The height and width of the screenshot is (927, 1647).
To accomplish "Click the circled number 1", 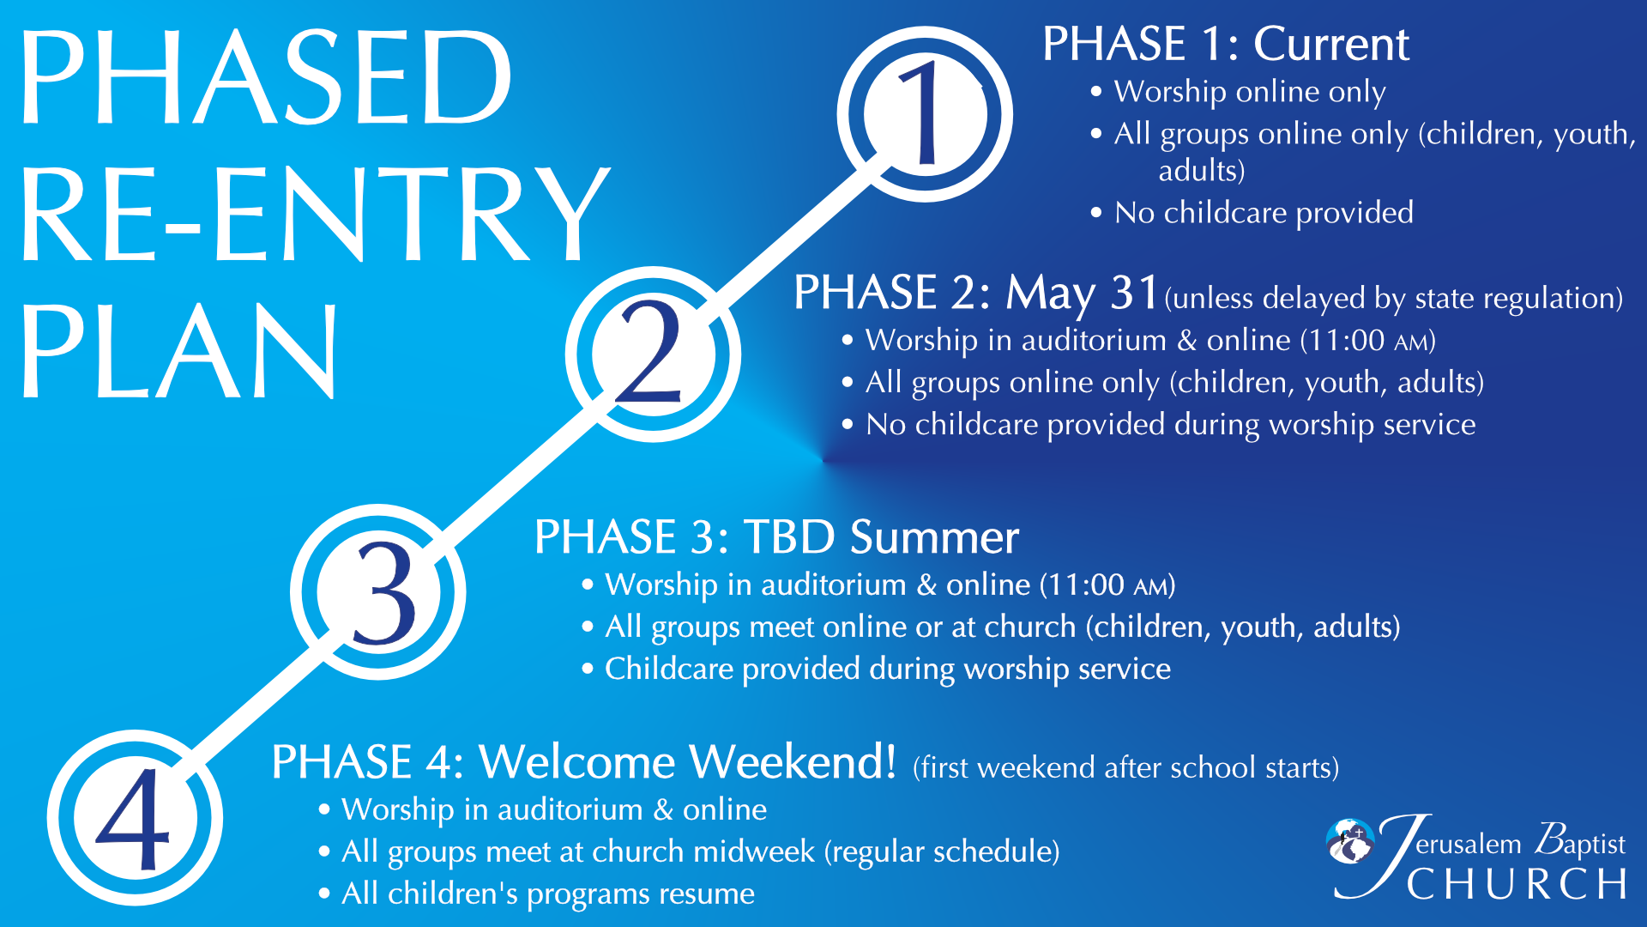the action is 925,114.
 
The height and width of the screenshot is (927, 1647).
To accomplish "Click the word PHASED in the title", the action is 266,76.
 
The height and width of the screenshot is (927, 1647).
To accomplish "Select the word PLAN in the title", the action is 178,351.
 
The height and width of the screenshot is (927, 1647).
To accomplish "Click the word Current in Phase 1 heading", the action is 1331,44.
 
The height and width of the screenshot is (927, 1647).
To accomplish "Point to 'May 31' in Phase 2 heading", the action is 1083,294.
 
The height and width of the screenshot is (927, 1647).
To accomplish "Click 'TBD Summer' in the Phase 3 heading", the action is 881,537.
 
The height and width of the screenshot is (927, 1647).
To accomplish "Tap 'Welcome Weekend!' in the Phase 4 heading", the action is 688,761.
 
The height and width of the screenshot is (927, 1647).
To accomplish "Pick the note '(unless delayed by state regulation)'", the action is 1394,298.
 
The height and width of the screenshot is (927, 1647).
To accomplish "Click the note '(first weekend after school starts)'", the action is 1125,767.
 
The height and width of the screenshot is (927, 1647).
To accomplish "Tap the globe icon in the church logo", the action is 1350,840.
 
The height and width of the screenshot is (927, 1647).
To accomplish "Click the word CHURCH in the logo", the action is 1517,885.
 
